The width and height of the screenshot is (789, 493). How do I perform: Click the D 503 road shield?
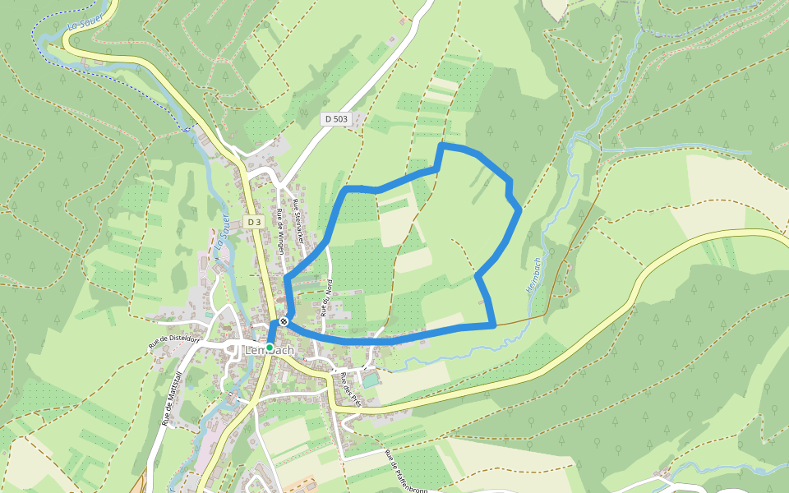[335, 119]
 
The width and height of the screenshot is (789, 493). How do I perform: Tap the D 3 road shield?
[253, 222]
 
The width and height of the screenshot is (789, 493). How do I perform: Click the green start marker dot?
[270, 348]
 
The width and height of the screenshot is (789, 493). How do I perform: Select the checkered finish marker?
[283, 321]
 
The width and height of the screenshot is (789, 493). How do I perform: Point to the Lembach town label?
[270, 351]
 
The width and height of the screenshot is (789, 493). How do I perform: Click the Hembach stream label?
[533, 276]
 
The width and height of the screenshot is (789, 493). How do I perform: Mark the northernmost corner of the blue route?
[442, 146]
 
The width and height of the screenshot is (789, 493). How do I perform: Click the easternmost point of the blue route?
[519, 210]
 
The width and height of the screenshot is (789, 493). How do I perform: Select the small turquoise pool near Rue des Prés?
[371, 380]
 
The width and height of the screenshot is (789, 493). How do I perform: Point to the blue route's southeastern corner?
[494, 325]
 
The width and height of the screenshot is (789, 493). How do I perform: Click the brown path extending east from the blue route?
[522, 320]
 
